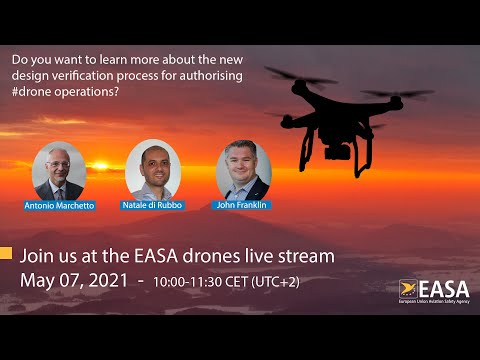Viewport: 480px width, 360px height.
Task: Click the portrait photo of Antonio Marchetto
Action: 59,171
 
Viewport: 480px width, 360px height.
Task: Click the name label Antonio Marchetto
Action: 59,205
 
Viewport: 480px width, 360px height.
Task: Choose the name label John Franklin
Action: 243,204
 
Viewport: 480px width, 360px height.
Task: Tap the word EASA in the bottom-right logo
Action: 441,287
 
